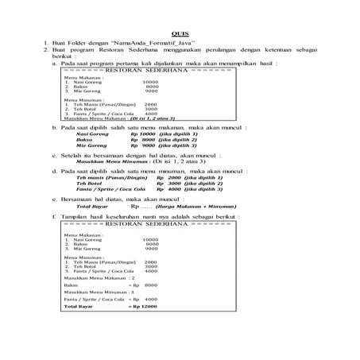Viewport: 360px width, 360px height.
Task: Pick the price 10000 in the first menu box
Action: (150, 82)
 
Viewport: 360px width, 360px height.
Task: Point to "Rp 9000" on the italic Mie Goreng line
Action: (141, 146)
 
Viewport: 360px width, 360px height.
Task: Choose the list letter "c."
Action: (55, 156)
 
